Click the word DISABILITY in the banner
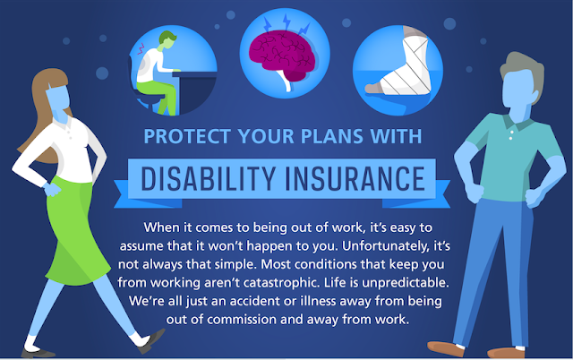pos(208,179)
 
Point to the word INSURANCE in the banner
pos(355,179)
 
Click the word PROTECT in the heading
pos(186,136)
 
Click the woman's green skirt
pos(75,230)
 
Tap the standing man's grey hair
pos(523,72)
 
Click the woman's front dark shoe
pos(151,340)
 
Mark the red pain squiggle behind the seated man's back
pos(141,48)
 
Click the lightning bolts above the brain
pos(286,24)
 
